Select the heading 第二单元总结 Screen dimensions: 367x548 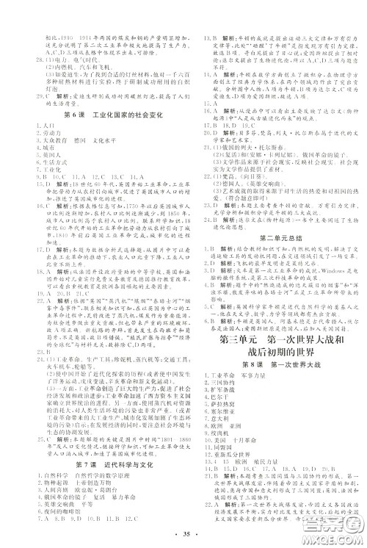coord(275,238)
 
